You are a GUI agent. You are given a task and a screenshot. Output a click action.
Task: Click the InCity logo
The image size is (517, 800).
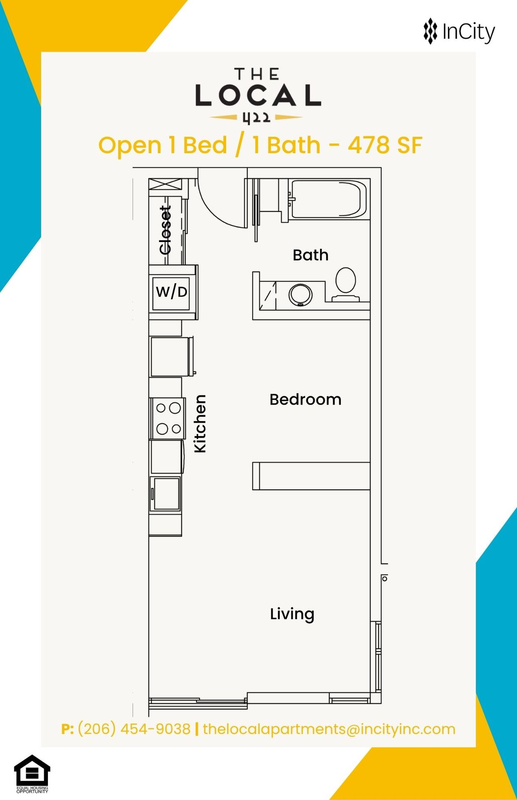tap(459, 31)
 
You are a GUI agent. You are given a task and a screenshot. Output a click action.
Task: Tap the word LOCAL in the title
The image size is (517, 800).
tap(258, 95)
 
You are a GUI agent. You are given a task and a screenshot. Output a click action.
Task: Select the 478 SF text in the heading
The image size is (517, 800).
tap(385, 145)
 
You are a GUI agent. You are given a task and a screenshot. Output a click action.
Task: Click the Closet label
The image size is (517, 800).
tap(165, 230)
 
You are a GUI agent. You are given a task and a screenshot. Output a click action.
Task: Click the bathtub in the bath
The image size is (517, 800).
tap(329, 199)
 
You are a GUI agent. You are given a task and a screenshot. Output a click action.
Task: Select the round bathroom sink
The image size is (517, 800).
tap(300, 295)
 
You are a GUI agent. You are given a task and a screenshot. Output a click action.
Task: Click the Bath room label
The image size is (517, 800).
tap(311, 255)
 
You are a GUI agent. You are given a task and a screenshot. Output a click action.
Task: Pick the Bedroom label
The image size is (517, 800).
tap(306, 400)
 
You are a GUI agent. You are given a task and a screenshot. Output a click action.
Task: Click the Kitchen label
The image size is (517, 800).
tap(200, 423)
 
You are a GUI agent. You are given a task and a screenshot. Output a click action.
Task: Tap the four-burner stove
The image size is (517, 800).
tap(168, 418)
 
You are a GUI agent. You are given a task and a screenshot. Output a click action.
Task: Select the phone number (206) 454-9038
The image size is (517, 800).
tap(134, 729)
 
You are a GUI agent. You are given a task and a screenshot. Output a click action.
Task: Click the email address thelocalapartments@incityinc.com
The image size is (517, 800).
tap(329, 729)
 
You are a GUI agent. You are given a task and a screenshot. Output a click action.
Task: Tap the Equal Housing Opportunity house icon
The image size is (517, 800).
tap(32, 770)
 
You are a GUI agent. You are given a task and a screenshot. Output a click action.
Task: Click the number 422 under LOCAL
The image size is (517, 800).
tap(256, 118)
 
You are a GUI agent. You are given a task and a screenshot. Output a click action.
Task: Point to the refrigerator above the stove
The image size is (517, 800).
tap(171, 357)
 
